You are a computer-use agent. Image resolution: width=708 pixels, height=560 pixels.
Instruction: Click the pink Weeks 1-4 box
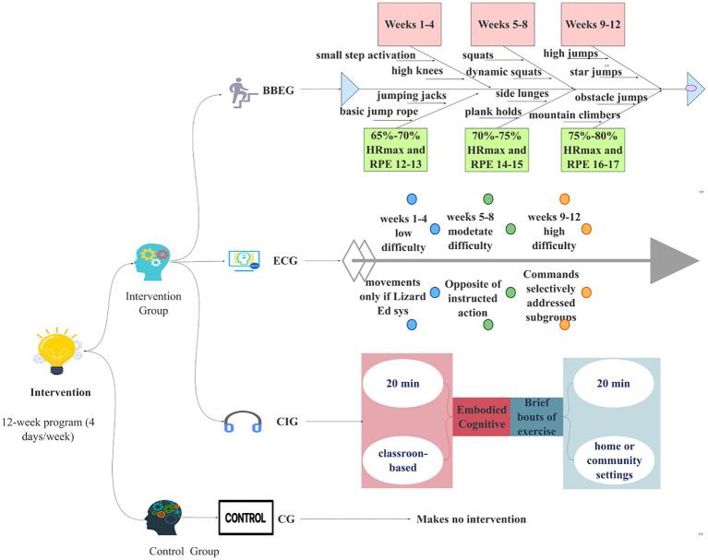coord(409,24)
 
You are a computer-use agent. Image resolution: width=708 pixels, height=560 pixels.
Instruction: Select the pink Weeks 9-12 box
coord(593,24)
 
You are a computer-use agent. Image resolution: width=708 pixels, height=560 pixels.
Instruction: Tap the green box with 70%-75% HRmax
coord(497,149)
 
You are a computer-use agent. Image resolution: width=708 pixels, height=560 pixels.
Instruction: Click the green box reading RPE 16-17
coord(593,149)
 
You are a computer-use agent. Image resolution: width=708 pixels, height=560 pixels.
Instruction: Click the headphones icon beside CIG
coord(243,422)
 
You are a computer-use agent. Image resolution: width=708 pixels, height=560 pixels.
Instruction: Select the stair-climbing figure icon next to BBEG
coord(242,92)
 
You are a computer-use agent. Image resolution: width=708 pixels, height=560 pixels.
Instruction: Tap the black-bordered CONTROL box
coord(246,518)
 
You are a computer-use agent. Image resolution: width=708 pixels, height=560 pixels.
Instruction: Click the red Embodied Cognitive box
coord(481,416)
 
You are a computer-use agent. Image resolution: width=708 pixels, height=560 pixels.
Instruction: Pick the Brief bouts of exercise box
coord(536,416)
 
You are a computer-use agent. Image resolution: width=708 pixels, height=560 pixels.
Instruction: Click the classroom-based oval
coord(402,460)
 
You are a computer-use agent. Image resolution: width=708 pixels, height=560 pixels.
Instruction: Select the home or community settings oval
coord(614,460)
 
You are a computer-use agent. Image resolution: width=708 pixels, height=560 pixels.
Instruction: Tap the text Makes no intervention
coord(471,519)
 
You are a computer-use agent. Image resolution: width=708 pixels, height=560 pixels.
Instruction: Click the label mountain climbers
coord(574,115)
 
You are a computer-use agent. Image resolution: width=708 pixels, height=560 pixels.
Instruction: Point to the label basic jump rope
coord(378,112)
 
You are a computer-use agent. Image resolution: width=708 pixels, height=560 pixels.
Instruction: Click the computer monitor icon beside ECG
coord(245,261)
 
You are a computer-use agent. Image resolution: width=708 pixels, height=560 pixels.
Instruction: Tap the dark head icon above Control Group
coord(163,518)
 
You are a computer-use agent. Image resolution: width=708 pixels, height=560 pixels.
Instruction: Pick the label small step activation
coord(366,55)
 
